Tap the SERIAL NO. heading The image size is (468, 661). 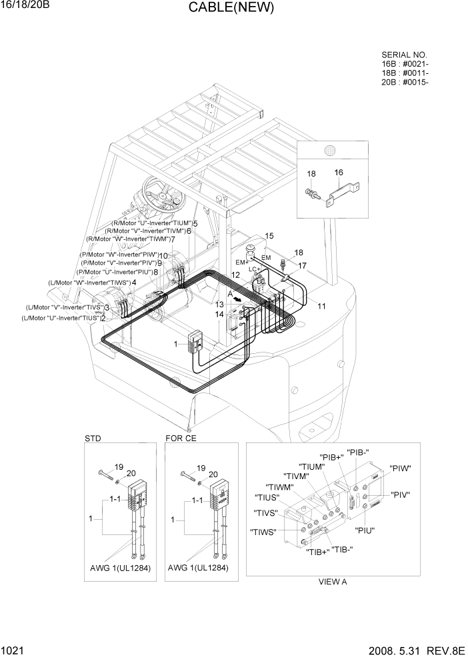[404, 55]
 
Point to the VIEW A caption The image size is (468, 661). [333, 581]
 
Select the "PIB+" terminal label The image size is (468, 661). [331, 457]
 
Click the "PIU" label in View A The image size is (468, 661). [365, 530]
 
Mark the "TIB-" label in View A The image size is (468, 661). [342, 550]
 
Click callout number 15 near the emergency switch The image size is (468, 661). [269, 236]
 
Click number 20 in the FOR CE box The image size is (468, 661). [213, 474]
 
